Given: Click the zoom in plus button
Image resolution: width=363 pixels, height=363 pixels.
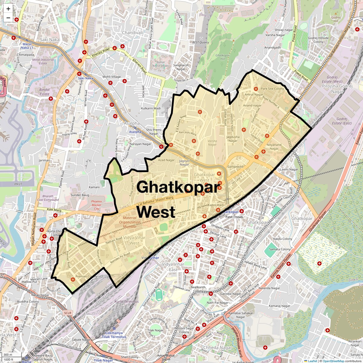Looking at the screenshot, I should (8, 9).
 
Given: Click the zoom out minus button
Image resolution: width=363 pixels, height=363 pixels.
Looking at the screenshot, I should (8, 18).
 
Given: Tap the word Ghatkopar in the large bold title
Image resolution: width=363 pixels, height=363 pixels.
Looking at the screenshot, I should (178, 187).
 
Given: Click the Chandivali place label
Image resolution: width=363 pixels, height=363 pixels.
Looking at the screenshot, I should (132, 33).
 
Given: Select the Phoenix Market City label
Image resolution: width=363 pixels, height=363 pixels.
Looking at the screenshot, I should (96, 205).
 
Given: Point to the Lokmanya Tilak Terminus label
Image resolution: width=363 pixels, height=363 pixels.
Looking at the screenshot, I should (114, 335).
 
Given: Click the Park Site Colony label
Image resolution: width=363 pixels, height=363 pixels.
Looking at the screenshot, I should (273, 89).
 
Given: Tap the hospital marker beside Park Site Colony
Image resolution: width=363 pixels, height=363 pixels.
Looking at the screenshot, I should (256, 89).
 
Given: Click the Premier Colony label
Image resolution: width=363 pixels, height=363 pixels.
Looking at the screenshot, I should (86, 276).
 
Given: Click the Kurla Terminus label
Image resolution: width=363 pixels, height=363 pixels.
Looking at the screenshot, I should (126, 302).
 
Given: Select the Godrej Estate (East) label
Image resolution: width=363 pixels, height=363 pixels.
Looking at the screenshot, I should (342, 121).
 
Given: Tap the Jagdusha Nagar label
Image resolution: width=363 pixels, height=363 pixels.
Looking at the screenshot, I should (233, 139).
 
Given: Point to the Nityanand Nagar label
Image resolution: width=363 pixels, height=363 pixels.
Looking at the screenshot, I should (274, 146).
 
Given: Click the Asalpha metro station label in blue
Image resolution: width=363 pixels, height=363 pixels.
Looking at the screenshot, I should (135, 132).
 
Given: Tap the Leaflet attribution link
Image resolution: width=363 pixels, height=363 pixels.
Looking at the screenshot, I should (312, 361).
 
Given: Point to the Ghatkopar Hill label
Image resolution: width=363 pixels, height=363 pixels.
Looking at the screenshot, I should (222, 57).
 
